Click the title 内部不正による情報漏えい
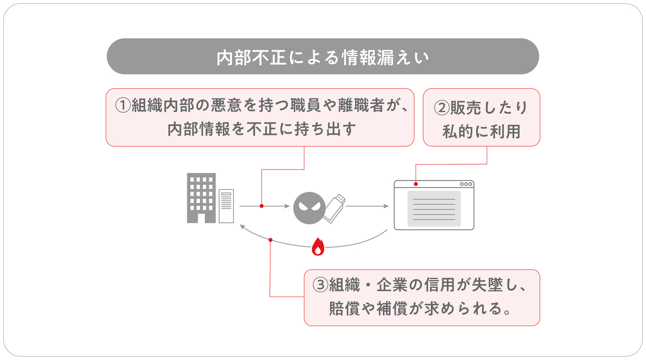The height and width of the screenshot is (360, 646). tap(322, 57)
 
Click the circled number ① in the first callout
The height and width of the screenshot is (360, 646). tap(123, 106)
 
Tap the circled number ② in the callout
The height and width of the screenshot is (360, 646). tap(442, 108)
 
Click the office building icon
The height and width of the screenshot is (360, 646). tap(201, 198)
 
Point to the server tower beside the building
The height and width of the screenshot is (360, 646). tap(226, 206)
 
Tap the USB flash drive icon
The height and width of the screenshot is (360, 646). tap(334, 208)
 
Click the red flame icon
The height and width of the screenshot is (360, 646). tap(318, 248)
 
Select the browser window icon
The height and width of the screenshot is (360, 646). tap(434, 205)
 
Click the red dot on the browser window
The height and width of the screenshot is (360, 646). tap(416, 184)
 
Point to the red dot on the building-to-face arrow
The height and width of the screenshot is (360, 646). tap(262, 206)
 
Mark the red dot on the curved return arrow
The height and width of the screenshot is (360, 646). tap(270, 240)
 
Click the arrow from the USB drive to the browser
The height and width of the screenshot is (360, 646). tap(367, 206)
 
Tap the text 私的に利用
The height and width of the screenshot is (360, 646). tap(481, 131)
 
